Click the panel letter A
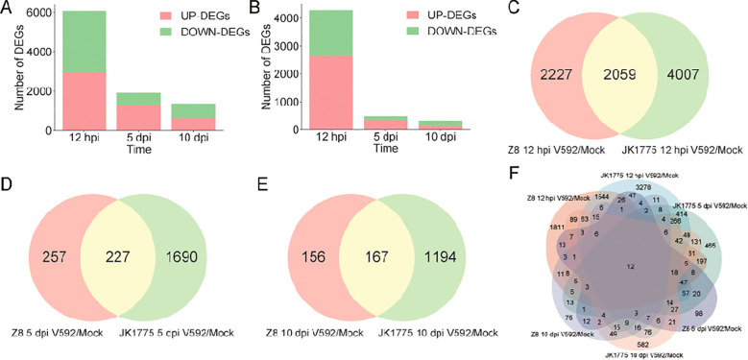click(8, 10)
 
